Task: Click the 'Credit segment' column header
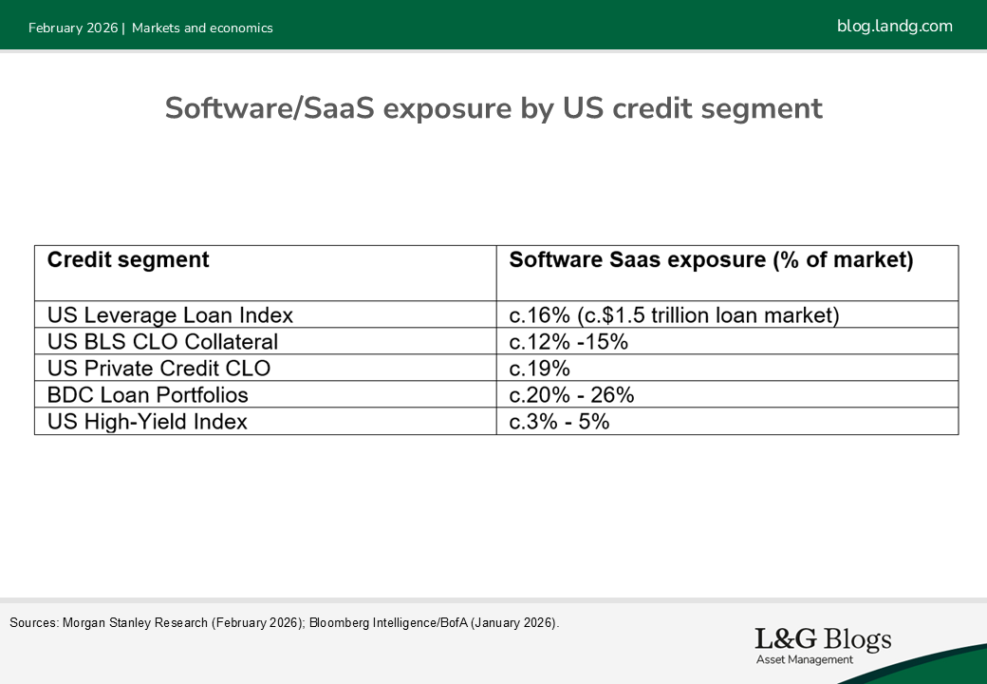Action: pos(128,260)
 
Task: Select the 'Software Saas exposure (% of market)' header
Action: pos(711,260)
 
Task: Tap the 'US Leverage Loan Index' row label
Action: pos(170,315)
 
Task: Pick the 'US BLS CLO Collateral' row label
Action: pos(162,342)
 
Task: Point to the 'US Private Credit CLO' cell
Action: pos(158,369)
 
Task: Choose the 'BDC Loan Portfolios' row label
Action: pos(147,395)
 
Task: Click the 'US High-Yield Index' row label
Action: pos(147,422)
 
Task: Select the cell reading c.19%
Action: pos(539,369)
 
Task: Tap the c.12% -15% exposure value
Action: pos(568,342)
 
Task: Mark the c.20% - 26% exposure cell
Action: pos(571,395)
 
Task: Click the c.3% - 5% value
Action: pos(559,422)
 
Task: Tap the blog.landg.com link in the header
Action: pos(894,27)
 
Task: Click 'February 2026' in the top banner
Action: pos(73,28)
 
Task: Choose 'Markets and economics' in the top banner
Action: pos(202,28)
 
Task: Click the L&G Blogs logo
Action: pos(822,644)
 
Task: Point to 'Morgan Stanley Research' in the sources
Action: pos(135,623)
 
